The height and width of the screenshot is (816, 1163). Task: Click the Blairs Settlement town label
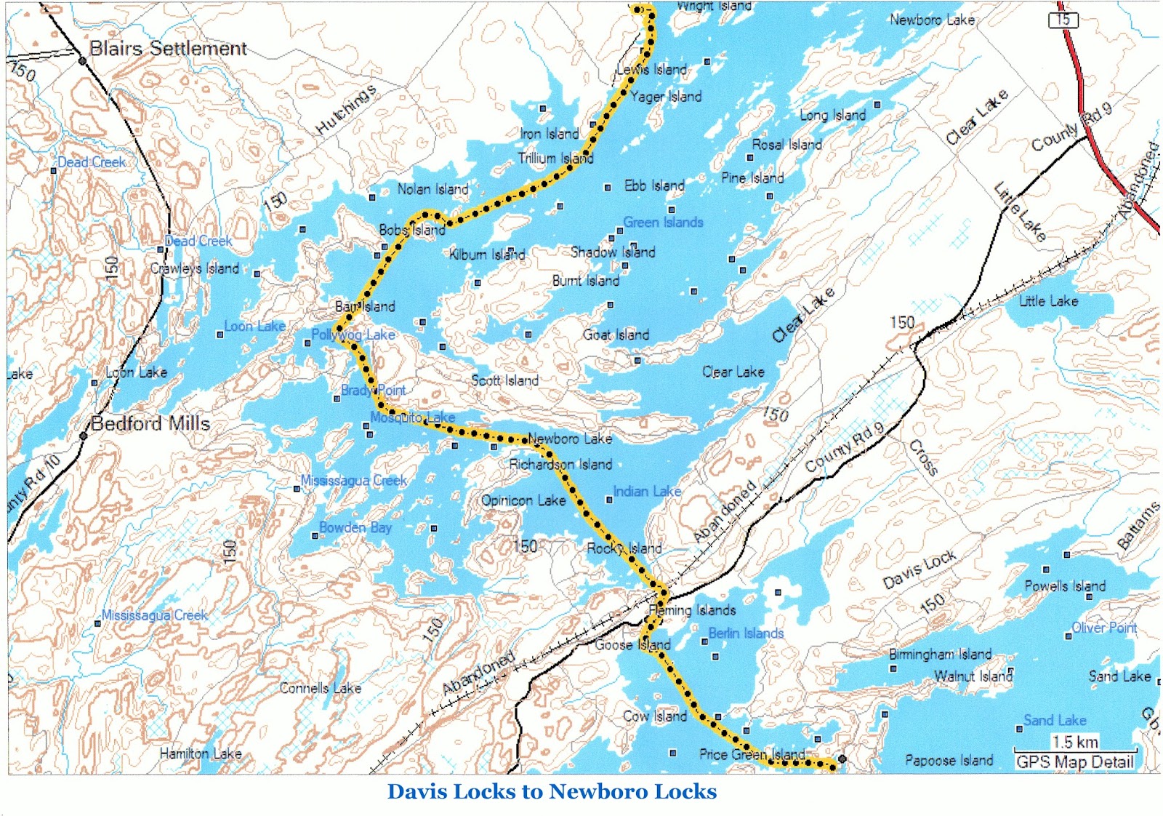point(168,49)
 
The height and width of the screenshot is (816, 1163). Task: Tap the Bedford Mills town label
point(150,423)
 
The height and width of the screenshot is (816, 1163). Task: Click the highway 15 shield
point(1063,20)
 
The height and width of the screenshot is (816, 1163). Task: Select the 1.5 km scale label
point(1075,742)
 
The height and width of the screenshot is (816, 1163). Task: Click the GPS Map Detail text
point(1074,761)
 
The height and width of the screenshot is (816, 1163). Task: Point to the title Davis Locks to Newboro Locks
point(552,791)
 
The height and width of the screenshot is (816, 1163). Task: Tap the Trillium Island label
point(555,158)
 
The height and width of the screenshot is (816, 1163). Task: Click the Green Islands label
point(663,222)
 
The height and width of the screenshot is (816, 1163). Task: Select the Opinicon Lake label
point(523,500)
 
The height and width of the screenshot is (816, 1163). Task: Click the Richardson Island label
point(560,464)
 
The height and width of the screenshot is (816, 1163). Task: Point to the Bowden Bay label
point(355,527)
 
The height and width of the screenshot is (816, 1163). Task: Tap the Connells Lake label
point(321,687)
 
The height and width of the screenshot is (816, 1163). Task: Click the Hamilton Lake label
point(201,753)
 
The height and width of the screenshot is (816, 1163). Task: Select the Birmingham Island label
point(940,654)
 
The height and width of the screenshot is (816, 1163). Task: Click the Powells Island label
point(1065,585)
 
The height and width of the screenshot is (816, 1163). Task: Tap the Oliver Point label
point(1104,627)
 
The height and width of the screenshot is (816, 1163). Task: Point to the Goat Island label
point(616,335)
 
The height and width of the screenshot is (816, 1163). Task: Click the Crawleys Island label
point(194,268)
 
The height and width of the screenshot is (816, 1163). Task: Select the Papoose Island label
point(949,760)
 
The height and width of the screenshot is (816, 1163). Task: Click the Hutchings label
point(346,110)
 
